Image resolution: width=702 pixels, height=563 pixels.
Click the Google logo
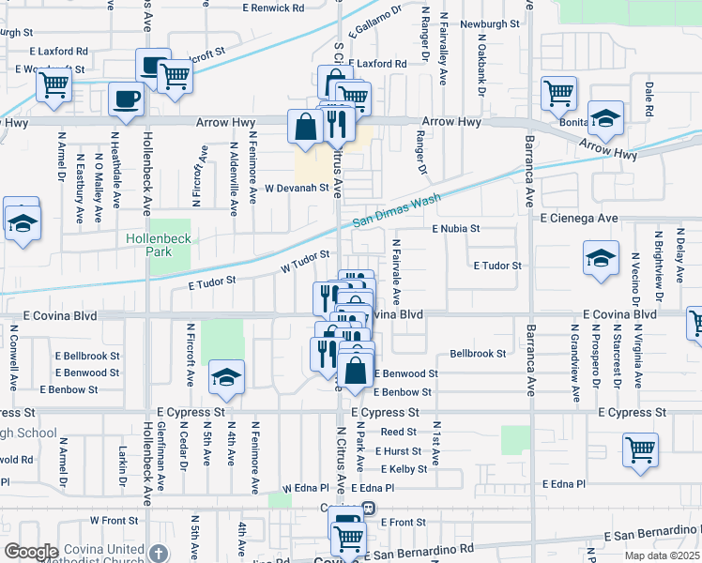click(x=31, y=551)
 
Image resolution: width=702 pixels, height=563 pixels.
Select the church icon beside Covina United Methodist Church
click(x=159, y=553)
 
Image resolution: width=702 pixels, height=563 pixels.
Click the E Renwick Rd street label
click(x=273, y=8)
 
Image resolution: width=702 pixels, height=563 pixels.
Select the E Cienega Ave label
click(x=580, y=218)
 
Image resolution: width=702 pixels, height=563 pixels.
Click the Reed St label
click(x=398, y=432)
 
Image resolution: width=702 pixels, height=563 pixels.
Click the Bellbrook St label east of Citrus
click(x=478, y=354)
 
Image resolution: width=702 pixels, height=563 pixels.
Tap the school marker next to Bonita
click(x=605, y=118)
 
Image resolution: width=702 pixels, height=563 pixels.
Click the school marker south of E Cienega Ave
click(x=601, y=260)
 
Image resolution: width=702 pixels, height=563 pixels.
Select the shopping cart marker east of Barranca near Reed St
click(x=640, y=449)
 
